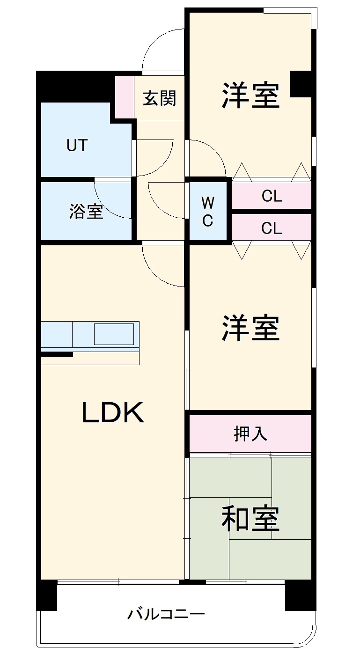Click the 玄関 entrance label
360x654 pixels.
(x=160, y=99)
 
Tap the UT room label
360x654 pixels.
(x=77, y=146)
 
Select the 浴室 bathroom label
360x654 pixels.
(x=86, y=212)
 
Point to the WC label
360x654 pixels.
(x=208, y=211)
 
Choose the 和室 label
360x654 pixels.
(x=250, y=519)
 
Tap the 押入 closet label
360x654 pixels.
(x=250, y=434)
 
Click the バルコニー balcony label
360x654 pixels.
(x=166, y=614)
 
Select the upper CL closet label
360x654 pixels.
(x=272, y=196)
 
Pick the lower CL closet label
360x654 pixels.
(x=272, y=228)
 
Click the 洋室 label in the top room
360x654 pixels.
(x=250, y=96)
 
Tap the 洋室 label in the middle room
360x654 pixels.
(x=250, y=328)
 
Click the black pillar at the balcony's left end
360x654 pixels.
(x=47, y=595)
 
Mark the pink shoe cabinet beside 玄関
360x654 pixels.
(x=124, y=96)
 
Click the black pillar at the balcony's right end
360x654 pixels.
(x=300, y=595)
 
